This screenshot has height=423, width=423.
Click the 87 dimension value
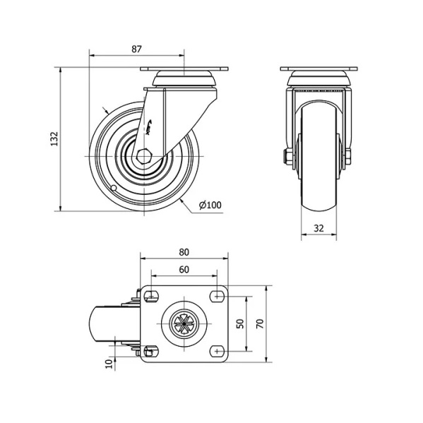(136, 49)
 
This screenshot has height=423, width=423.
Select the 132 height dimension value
(54, 139)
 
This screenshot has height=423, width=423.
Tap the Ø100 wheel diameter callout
(210, 205)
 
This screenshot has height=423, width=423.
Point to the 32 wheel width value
(318, 228)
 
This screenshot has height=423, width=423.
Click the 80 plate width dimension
(184, 252)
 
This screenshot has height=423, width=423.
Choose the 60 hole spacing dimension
(184, 270)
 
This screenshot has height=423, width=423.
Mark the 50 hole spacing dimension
(240, 323)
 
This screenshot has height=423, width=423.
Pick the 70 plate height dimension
(259, 323)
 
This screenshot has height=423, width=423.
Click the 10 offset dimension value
(109, 364)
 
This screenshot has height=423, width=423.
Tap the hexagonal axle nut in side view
(144, 156)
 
